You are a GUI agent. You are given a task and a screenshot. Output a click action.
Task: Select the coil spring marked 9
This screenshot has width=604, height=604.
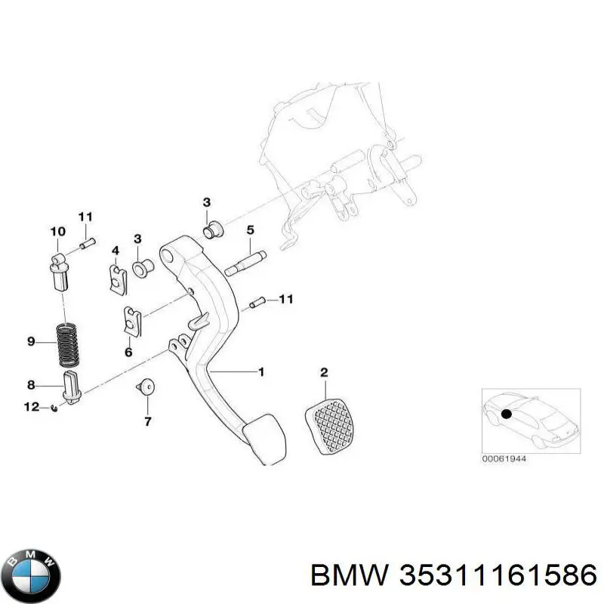[69, 341]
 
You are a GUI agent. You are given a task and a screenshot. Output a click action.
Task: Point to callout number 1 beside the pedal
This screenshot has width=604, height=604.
[261, 371]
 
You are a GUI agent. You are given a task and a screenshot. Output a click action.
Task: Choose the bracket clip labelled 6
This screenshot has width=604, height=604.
[133, 322]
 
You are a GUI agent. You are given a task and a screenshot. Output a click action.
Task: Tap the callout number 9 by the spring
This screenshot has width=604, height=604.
[31, 342]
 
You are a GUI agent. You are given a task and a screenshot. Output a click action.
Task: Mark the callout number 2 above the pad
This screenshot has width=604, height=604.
[324, 372]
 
